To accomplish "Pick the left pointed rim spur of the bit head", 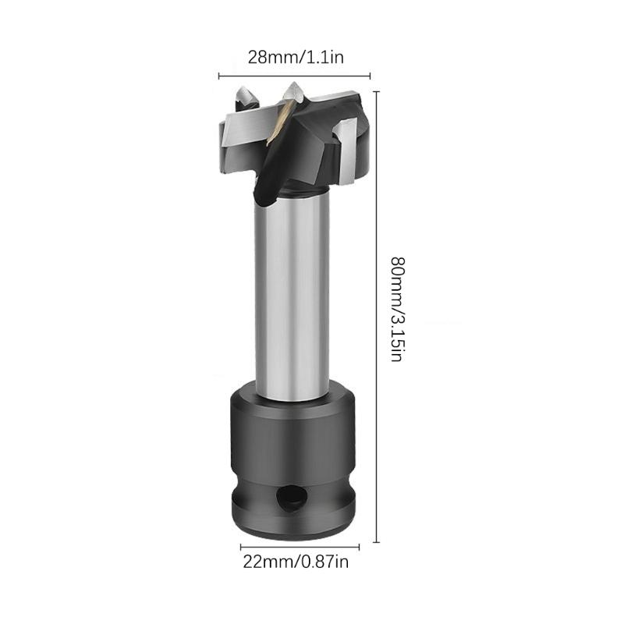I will tap(242, 97).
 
